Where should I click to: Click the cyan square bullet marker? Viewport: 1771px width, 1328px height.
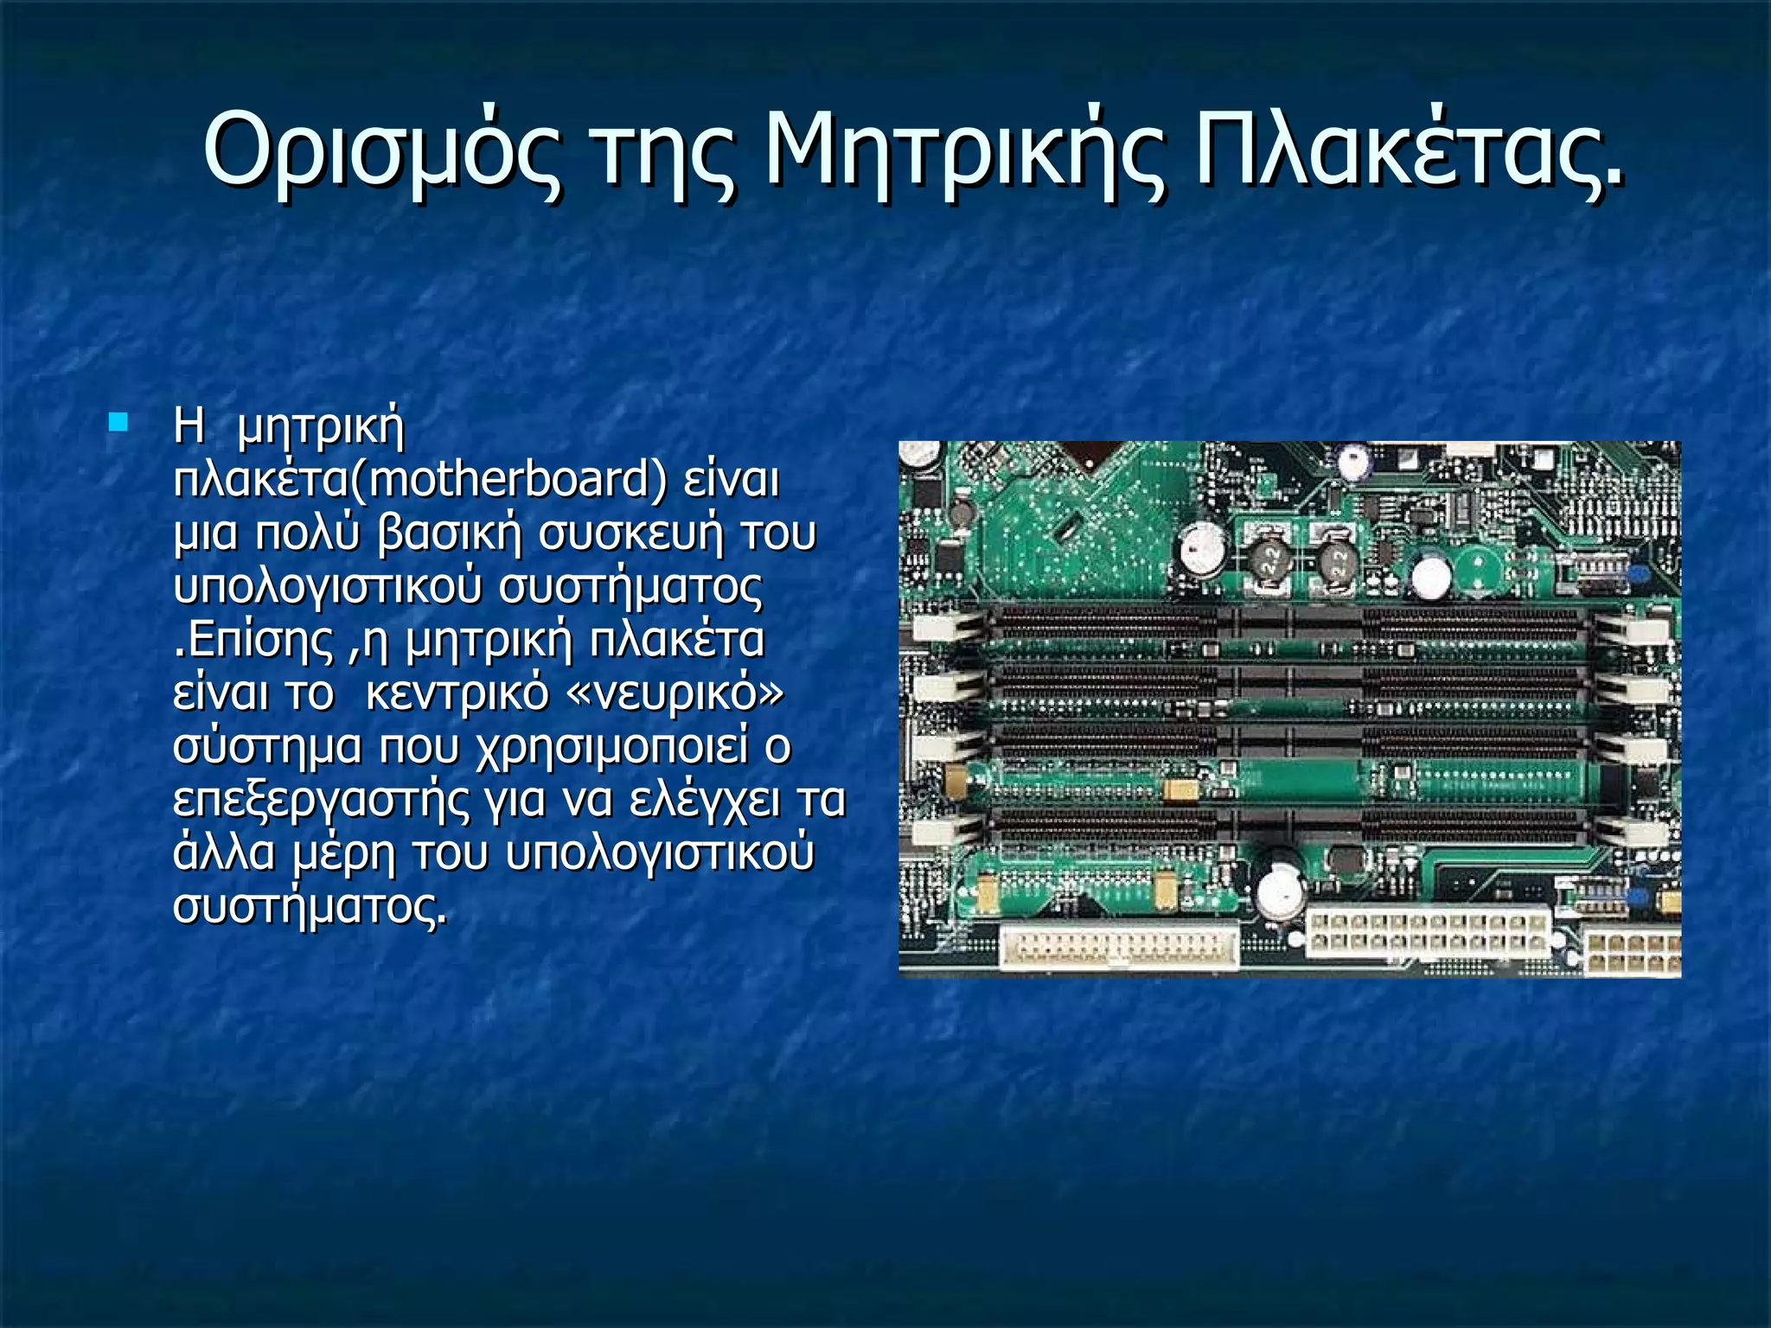(118, 423)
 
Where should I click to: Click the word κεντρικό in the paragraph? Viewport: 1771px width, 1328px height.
(457, 693)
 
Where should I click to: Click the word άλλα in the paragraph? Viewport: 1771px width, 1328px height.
(224, 852)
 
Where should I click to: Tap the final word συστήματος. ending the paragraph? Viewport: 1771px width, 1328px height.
(310, 906)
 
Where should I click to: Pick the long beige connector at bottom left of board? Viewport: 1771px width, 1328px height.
(1119, 946)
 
